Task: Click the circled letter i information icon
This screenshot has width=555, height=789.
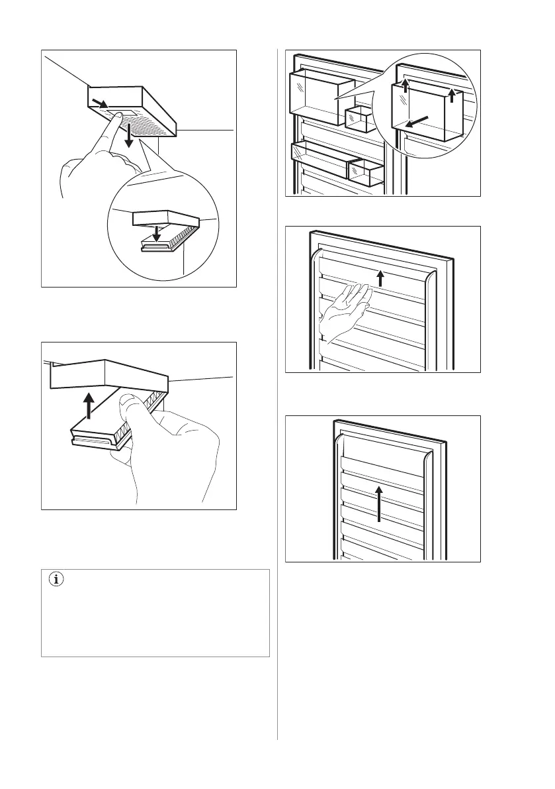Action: coord(56,580)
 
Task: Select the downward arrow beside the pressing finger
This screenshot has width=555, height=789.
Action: coord(131,136)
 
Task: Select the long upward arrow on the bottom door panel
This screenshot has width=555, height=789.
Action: coord(379,504)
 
